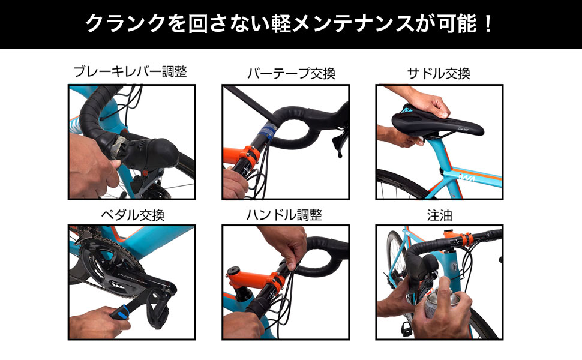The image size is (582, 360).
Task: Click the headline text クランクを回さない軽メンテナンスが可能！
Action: (290, 24)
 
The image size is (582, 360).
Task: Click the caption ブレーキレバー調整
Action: (130, 71)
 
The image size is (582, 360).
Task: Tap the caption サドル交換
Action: (439, 73)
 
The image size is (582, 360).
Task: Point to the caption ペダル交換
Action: (130, 214)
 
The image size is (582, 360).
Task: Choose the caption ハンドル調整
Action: (284, 214)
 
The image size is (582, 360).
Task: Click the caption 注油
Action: (439, 214)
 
